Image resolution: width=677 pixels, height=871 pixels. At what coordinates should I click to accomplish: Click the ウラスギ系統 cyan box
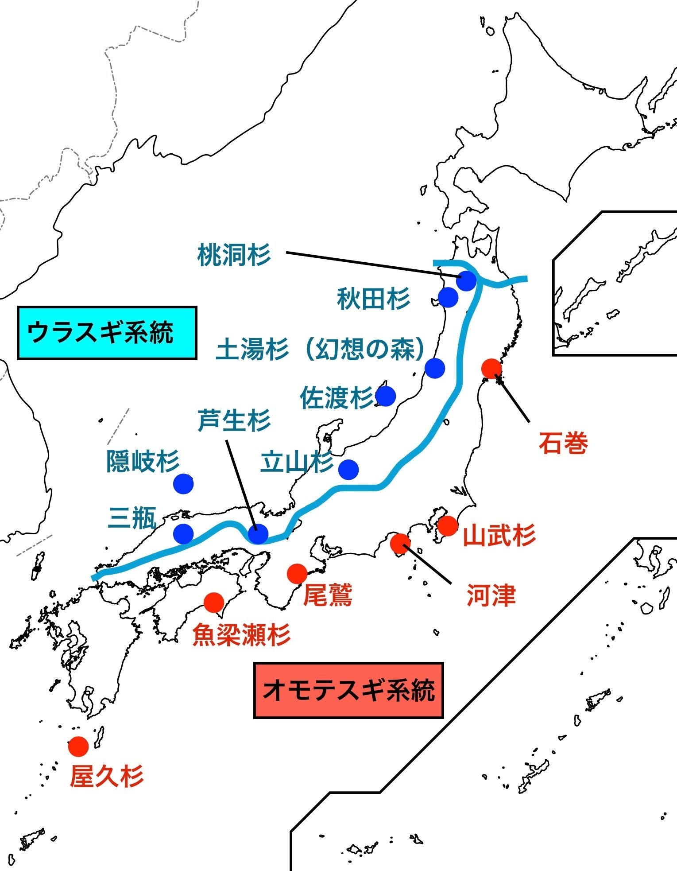pos(107,333)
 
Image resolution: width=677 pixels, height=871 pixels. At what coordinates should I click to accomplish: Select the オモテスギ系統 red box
pos(348,690)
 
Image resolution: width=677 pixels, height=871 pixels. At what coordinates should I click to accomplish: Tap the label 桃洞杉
pos(234,255)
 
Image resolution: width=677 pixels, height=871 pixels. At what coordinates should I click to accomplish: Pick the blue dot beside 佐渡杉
pos(386,396)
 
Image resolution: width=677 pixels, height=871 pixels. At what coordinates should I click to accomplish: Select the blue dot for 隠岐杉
pos(183,484)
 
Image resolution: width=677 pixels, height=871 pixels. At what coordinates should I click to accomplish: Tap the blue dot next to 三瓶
pos(183,533)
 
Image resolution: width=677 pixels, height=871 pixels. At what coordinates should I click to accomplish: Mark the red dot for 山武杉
pos(447,526)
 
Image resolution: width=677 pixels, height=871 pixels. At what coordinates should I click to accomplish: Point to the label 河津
pos(491,595)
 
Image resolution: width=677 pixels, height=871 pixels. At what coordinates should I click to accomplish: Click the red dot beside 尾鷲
pos(297,574)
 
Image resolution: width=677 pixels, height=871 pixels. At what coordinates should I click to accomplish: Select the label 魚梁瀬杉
pos(241,635)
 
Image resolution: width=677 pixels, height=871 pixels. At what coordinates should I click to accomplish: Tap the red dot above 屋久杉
pos(78,747)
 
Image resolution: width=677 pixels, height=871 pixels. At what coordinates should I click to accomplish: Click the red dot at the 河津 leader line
pos(400,544)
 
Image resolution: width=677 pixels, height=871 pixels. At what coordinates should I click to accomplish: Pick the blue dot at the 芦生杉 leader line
pos(258,533)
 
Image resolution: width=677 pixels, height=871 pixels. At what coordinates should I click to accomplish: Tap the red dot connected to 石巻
pos(491,368)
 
